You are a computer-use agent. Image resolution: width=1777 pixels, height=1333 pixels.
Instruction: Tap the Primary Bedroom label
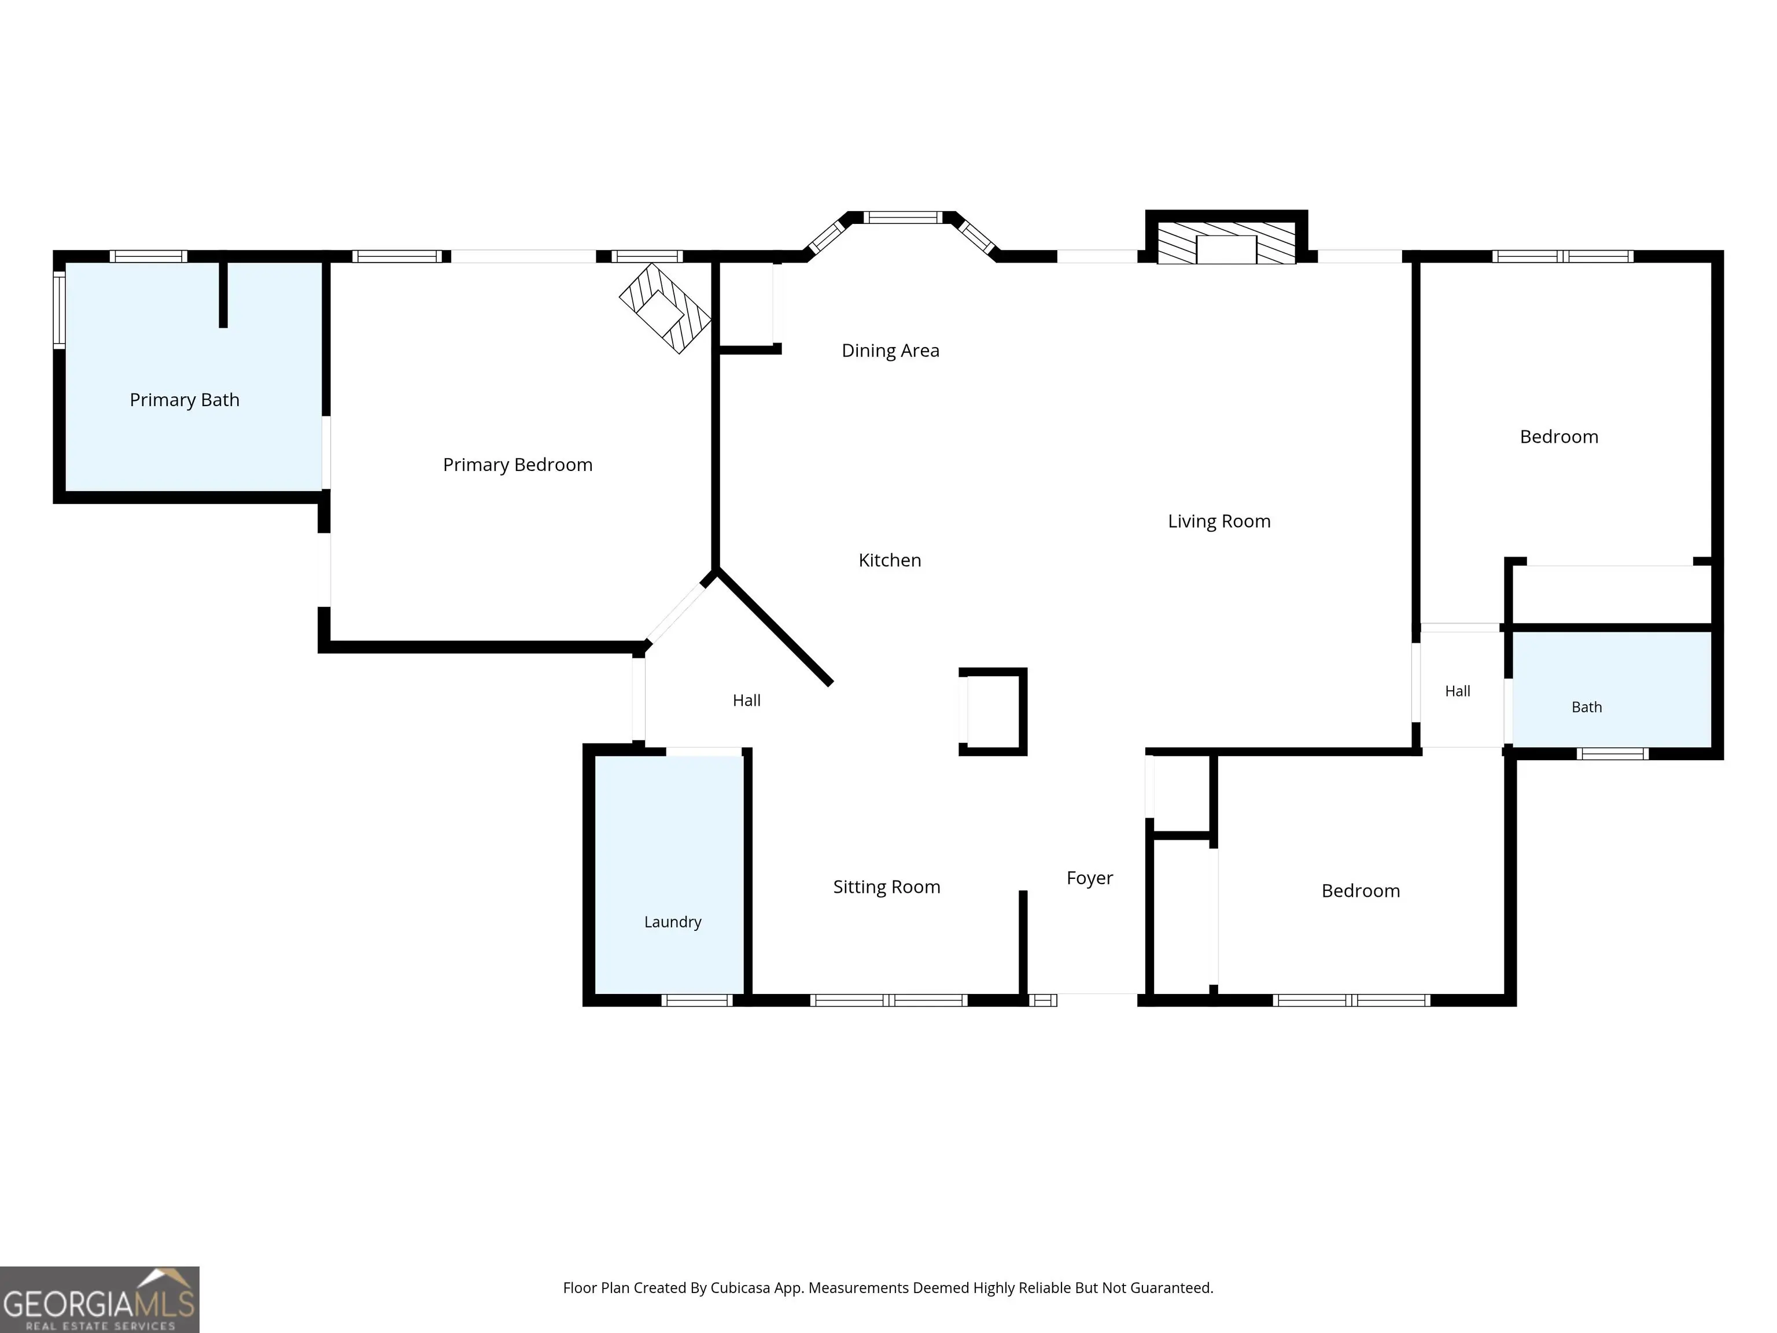click(517, 465)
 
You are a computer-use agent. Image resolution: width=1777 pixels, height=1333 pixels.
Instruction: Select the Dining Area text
click(890, 351)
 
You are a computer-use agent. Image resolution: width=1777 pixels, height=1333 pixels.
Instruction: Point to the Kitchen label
click(889, 560)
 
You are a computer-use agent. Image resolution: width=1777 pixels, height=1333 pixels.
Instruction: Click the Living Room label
click(1219, 521)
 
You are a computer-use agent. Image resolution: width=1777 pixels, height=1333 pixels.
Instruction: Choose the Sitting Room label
click(886, 887)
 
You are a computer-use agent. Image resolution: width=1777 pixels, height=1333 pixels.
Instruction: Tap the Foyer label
click(1089, 878)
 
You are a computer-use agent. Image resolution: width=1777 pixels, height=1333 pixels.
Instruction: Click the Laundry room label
click(672, 922)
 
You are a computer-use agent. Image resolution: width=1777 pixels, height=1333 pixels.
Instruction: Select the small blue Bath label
click(1587, 707)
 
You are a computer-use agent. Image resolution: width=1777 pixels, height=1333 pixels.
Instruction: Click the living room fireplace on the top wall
click(1226, 238)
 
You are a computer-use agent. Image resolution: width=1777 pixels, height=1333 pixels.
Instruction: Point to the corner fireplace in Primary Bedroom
click(665, 308)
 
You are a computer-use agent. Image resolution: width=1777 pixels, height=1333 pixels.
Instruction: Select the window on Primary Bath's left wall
click(60, 310)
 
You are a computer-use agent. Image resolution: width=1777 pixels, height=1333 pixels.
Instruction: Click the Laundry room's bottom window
click(696, 1000)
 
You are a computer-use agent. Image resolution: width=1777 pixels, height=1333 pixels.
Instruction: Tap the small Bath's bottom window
click(1612, 754)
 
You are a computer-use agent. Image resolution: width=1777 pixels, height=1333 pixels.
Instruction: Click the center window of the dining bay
click(902, 217)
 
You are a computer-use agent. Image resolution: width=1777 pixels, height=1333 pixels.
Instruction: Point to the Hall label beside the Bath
click(1457, 691)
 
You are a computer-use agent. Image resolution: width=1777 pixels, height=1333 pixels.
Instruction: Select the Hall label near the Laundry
click(746, 701)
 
